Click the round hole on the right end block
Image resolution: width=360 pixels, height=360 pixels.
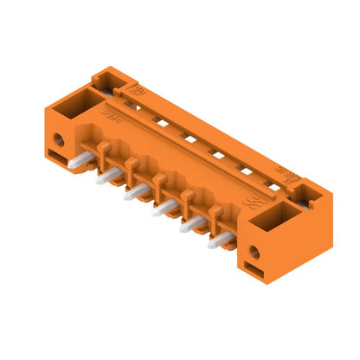tap(254, 252)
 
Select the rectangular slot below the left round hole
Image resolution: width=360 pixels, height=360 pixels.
tap(57, 157)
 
